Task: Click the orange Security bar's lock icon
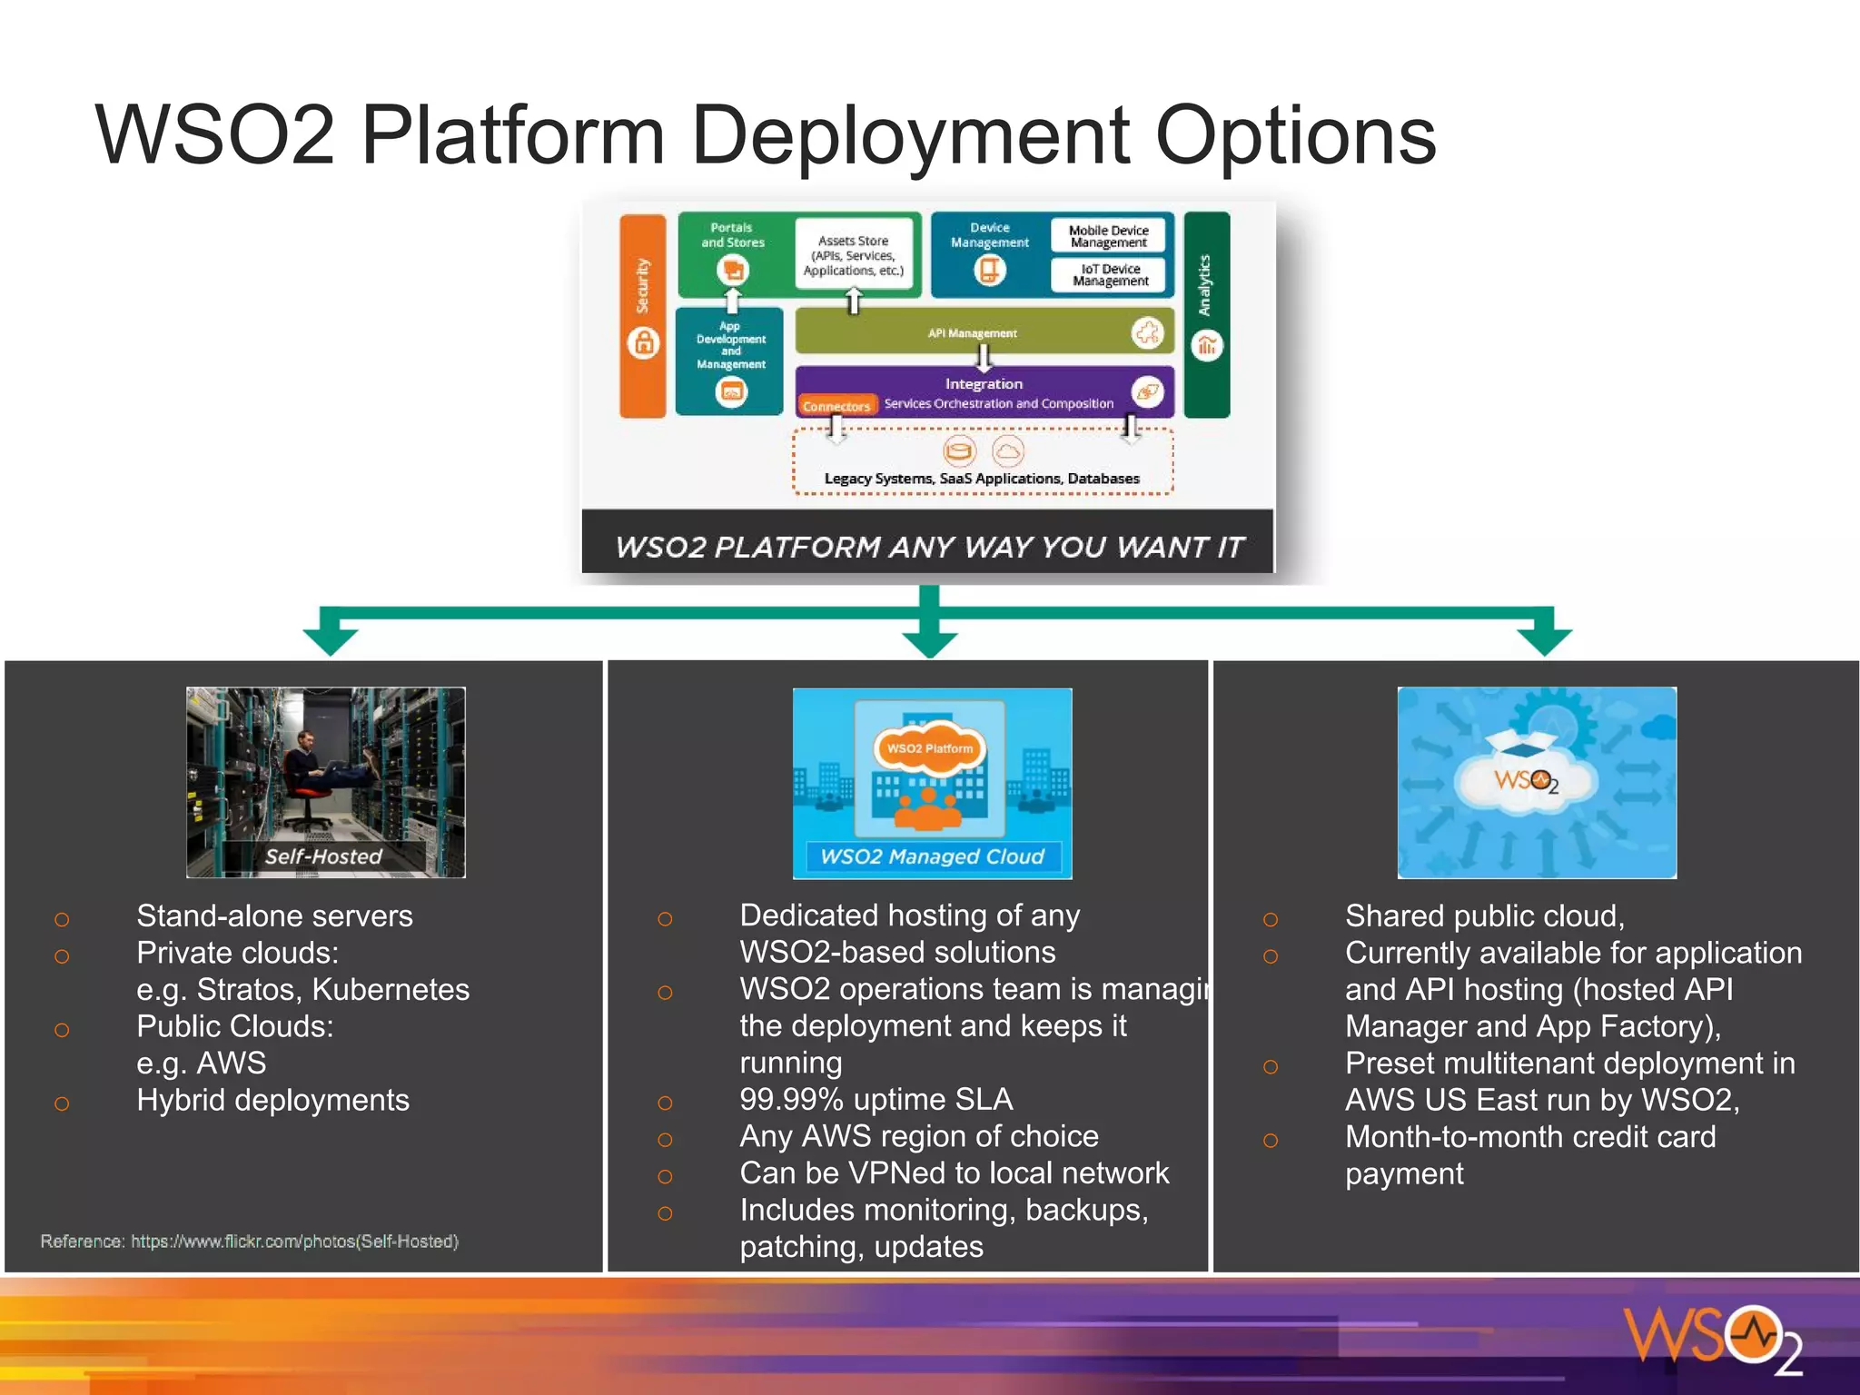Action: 644,343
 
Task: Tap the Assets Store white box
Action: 854,255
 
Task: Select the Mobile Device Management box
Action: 1108,236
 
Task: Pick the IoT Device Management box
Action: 1110,274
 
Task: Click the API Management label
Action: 972,333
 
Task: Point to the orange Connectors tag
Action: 836,406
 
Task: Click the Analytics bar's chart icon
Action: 1207,345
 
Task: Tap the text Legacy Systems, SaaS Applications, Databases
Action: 982,479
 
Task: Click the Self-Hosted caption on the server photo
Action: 323,856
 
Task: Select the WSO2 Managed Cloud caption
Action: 932,856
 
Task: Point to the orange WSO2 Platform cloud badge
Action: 929,748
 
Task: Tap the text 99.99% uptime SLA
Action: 876,1099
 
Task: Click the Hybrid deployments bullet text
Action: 272,1100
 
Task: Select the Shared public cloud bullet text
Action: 1484,915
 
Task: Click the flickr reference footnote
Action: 249,1241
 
